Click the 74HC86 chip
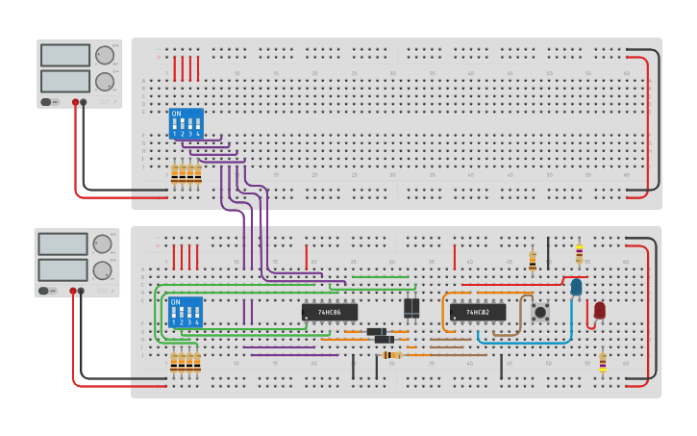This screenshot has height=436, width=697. pos(330,312)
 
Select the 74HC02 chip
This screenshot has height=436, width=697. pos(478,312)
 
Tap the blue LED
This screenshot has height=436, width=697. pos(576,287)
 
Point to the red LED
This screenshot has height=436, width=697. pos(600,310)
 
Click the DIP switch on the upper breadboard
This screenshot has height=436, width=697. pos(186,123)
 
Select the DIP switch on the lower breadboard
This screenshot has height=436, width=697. pos(186,312)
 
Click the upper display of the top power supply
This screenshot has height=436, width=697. pos(65,55)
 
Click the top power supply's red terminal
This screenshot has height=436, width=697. pos(75,101)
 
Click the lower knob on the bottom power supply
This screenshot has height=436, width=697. pos(102,270)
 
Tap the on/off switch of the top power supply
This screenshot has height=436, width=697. pos(46,101)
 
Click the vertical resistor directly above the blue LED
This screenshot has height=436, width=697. pos(579,253)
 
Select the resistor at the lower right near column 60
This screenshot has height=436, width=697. pos(603,362)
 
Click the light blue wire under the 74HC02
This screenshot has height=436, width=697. pos(524,342)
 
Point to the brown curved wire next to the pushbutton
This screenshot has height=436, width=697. pos(520,318)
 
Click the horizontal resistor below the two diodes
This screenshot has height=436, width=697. pos(392,355)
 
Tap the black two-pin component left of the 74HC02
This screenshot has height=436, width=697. pos(411,307)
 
